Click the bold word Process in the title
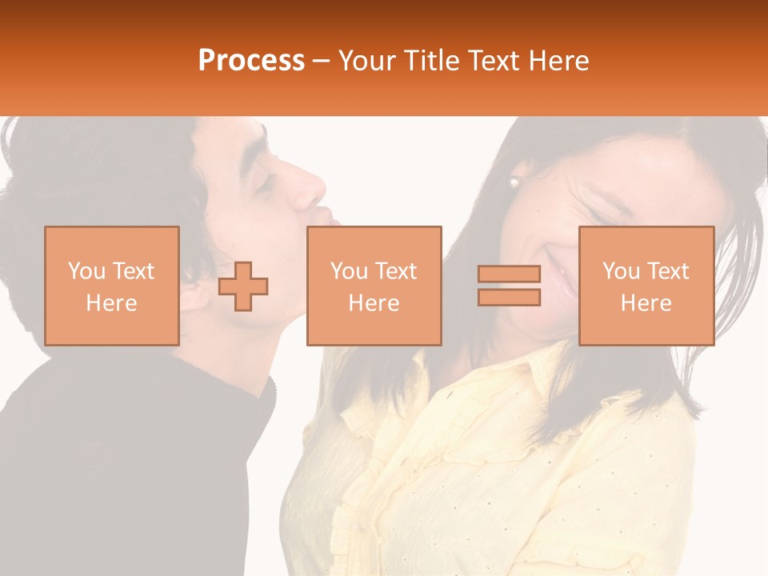tap(251, 61)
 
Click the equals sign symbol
tap(509, 286)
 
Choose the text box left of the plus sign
tap(111, 286)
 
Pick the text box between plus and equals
tap(374, 286)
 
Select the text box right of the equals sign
tap(646, 286)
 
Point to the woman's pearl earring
tap(514, 183)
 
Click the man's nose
tap(313, 189)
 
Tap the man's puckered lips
tap(327, 216)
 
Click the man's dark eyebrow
tap(254, 157)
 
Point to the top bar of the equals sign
tap(509, 274)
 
